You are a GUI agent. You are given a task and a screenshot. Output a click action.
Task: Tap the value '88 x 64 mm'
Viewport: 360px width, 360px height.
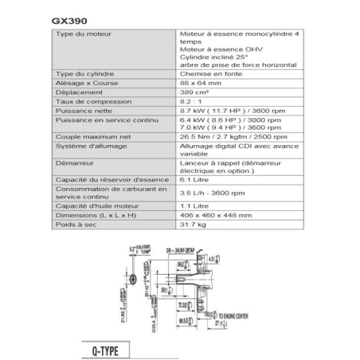(198, 82)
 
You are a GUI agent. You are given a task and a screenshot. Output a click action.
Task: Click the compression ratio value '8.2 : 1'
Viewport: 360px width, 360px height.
(190, 103)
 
